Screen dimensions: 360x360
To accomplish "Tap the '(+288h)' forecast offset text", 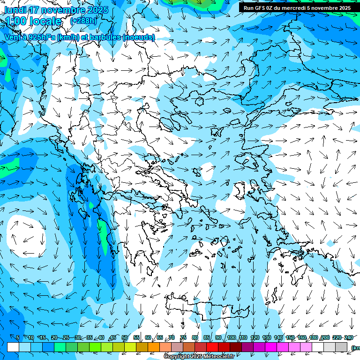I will click(83, 21).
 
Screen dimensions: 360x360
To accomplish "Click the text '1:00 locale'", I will click(33, 21).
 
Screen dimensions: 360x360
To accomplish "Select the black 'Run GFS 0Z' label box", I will click(297, 8).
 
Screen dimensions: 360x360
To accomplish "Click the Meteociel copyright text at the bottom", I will click(199, 357).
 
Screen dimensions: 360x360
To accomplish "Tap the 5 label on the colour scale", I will click(17, 337).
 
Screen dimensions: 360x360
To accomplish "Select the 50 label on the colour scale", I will click(125, 337).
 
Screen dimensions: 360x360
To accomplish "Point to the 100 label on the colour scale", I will click(231, 337).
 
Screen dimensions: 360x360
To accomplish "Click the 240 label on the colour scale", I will click(348, 337).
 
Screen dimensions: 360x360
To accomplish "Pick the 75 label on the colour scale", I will click(183, 337).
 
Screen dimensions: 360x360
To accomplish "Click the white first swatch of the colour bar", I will click(13, 347).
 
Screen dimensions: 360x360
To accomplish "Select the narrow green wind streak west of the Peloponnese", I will click(103, 232).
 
